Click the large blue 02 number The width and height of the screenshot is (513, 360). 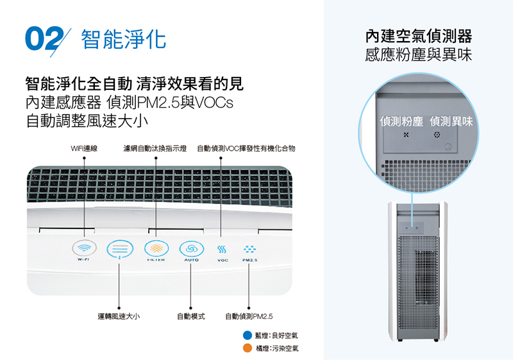click(44, 39)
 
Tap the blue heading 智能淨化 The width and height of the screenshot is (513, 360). click(123, 39)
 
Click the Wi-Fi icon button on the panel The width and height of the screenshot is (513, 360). click(85, 248)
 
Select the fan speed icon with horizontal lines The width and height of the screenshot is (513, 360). click(120, 249)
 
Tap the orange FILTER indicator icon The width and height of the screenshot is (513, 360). click(156, 248)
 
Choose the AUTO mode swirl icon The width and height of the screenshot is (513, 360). click(191, 249)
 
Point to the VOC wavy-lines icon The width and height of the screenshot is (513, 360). click(222, 250)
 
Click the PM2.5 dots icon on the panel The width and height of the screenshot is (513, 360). click(249, 250)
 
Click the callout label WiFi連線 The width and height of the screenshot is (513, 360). click(84, 149)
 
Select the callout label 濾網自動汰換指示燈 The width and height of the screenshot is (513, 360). click(155, 149)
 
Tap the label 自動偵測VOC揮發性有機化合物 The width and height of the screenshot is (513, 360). click(246, 149)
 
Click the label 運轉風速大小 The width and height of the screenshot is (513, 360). click(119, 316)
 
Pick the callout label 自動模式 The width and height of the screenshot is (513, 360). click(190, 316)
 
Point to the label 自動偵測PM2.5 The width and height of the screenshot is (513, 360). click(249, 316)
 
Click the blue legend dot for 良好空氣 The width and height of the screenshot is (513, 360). click(248, 336)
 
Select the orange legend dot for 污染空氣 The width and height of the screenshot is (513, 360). click(248, 348)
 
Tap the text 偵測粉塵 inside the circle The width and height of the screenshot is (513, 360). click(401, 121)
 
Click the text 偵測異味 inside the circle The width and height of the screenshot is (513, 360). click(451, 121)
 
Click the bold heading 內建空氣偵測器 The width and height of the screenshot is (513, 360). click(419, 36)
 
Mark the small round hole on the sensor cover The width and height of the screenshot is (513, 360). click(448, 146)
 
